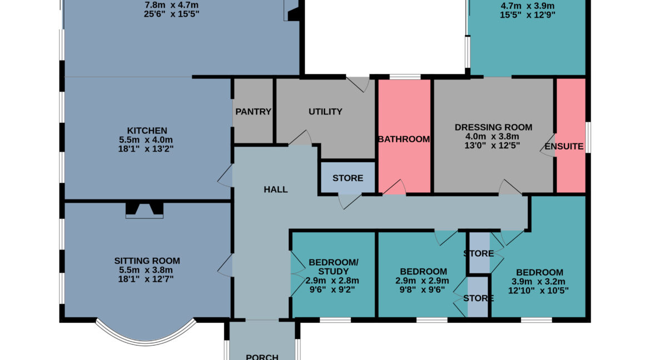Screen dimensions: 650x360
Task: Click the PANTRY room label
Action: [x=253, y=112]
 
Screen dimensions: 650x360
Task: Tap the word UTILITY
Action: [x=326, y=112]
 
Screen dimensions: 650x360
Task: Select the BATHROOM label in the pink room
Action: [x=404, y=139]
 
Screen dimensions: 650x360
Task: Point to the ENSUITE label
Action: [x=564, y=147]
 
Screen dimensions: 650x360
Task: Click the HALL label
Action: [x=276, y=189]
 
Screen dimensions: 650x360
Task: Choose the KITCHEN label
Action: [x=147, y=131]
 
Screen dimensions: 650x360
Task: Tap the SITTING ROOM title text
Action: [x=147, y=261]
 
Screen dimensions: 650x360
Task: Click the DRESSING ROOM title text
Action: [x=493, y=127]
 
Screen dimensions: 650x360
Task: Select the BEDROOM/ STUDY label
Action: [x=333, y=267]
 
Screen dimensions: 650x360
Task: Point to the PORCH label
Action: [x=262, y=356]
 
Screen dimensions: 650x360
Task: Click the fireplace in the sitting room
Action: [x=144, y=210]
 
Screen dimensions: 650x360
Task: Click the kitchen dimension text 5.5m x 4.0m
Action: [x=146, y=140]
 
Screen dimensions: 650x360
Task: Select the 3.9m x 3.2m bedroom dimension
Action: [x=538, y=282]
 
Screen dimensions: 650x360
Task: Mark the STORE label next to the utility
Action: [x=348, y=178]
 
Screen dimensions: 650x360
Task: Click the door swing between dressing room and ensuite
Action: [x=547, y=145]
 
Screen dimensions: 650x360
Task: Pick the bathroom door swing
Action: [x=394, y=187]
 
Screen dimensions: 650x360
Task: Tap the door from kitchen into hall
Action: [x=224, y=176]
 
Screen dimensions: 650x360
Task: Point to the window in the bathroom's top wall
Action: [x=405, y=77]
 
